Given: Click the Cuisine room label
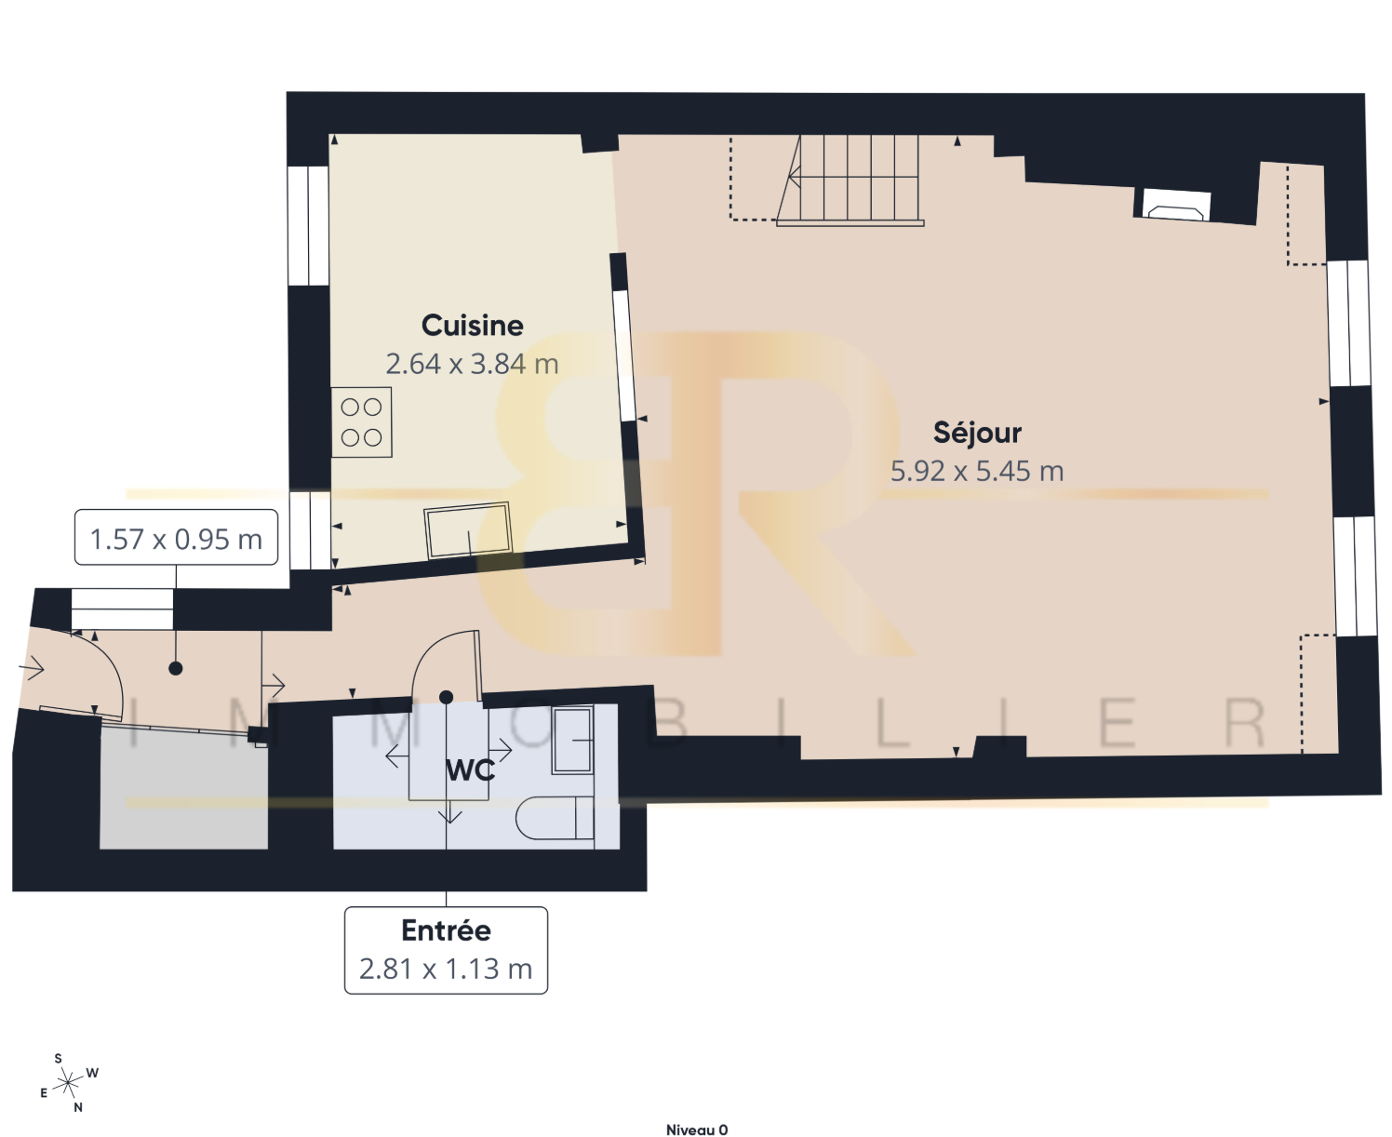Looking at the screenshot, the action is pyautogui.click(x=472, y=326).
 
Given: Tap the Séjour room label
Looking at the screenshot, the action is pyautogui.click(x=977, y=433).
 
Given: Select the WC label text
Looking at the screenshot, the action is pyautogui.click(x=470, y=770).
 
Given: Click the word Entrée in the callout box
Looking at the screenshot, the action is pyautogui.click(x=447, y=930).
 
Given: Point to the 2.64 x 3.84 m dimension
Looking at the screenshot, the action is pyautogui.click(x=472, y=364).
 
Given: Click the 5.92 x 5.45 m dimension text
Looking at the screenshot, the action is pyautogui.click(x=977, y=471).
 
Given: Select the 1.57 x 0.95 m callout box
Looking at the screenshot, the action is pyautogui.click(x=176, y=537).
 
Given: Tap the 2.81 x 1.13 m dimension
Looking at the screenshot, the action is pyautogui.click(x=447, y=969).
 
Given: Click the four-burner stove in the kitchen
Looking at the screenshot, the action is pyautogui.click(x=361, y=422).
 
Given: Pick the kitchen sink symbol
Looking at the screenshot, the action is pyautogui.click(x=468, y=530).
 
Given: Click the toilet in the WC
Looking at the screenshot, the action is pyautogui.click(x=555, y=818).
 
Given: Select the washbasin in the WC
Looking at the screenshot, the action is pyautogui.click(x=572, y=740).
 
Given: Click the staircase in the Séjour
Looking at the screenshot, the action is pyautogui.click(x=850, y=181).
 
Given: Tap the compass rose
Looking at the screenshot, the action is pyautogui.click(x=68, y=1083).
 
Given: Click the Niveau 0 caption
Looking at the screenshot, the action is pyautogui.click(x=696, y=1130).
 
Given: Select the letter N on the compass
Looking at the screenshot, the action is pyautogui.click(x=78, y=1107).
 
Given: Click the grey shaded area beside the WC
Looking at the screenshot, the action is pyautogui.click(x=184, y=788).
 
